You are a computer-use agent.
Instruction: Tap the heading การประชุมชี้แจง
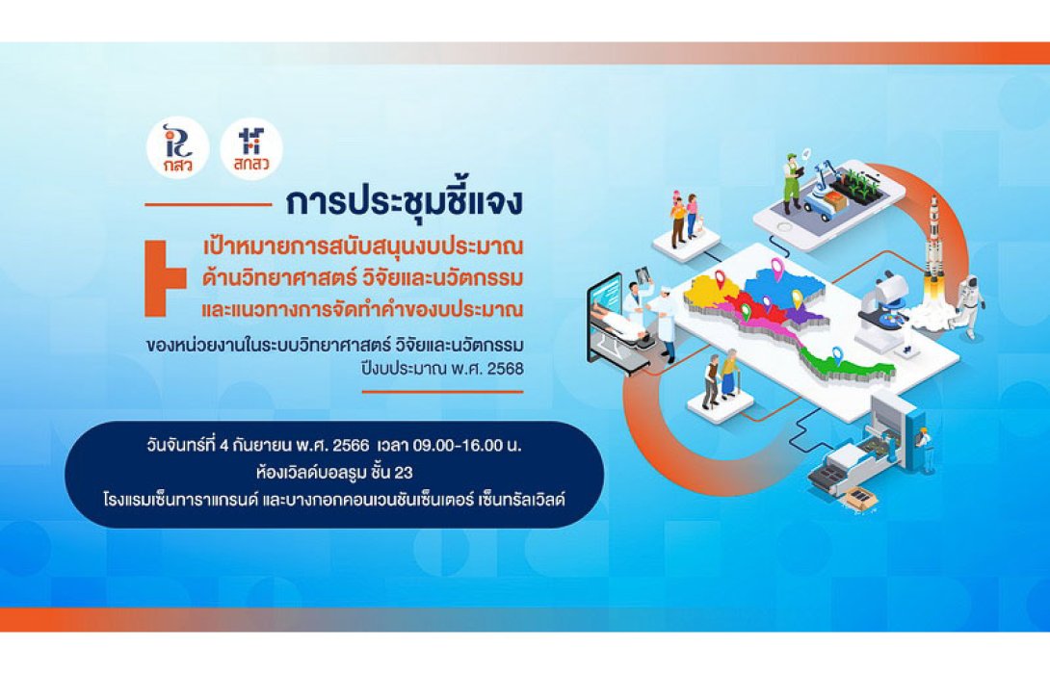[x=404, y=203]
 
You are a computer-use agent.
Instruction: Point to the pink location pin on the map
[x=776, y=268]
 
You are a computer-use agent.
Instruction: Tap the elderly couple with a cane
[x=721, y=378]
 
